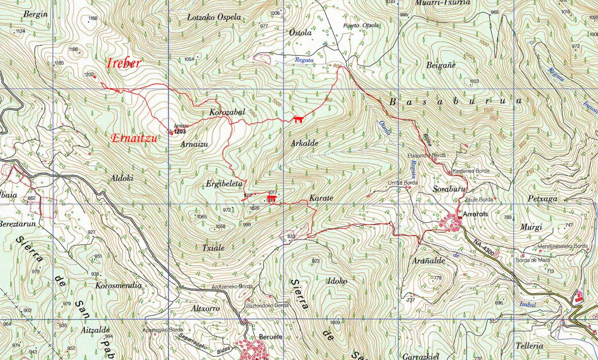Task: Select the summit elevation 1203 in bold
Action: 180,131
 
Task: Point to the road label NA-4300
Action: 484,246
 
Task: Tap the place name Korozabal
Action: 227,112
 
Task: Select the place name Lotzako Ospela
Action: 214,17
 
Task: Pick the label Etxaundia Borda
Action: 427,156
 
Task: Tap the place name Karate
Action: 321,198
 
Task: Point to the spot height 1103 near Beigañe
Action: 474,81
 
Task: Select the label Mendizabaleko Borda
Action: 563,246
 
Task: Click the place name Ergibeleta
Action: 224,184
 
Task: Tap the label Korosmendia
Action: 118,286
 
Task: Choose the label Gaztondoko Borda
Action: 267,305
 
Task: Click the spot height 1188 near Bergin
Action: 93,19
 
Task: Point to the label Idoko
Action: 336,281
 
